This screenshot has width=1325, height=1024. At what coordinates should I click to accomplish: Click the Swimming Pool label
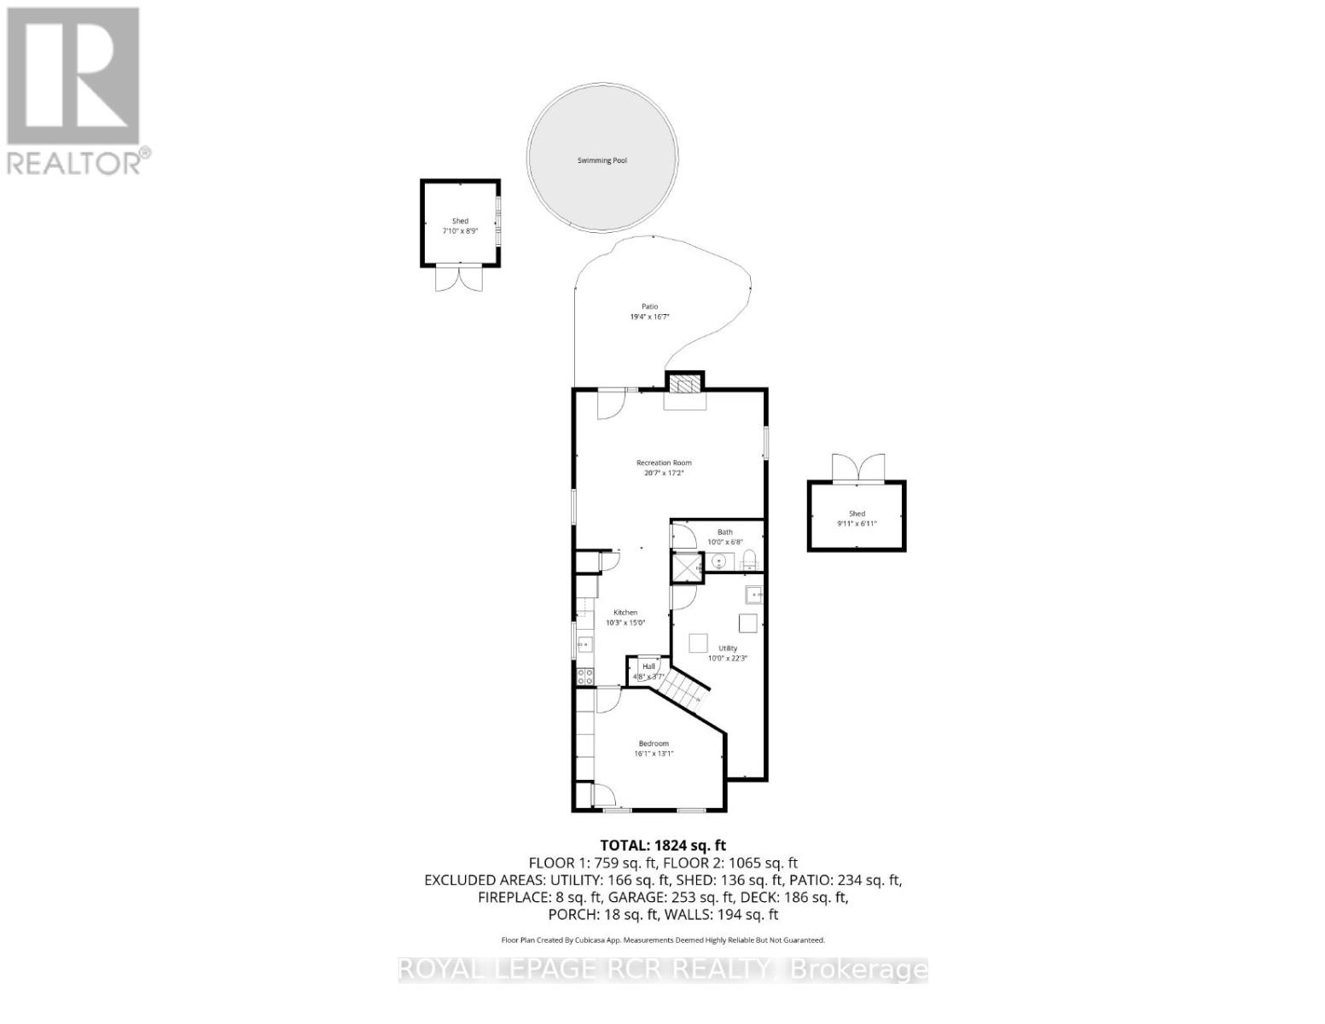602,160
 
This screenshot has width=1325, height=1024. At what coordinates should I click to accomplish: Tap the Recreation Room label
664,463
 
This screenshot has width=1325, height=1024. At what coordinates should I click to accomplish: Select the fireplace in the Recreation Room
685,385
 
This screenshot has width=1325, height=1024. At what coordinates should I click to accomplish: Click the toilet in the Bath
749,561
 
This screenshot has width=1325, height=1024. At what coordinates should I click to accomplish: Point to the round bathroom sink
719,561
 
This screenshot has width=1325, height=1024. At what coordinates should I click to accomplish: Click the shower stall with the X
685,567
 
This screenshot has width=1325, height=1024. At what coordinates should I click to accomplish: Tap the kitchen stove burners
585,677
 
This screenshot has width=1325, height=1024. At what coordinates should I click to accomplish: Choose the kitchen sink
584,644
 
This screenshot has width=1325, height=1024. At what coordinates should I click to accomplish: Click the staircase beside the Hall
688,685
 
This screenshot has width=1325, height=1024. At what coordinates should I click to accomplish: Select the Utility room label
728,649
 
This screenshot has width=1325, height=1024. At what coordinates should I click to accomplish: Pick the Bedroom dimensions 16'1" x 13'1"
654,753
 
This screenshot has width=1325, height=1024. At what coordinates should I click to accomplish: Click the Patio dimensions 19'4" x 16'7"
649,317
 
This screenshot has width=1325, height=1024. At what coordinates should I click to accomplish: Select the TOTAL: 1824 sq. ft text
663,846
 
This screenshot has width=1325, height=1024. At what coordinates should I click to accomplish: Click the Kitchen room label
625,613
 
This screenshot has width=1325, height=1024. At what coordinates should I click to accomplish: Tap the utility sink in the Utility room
755,594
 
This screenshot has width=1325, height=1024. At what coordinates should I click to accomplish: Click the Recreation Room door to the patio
611,404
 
